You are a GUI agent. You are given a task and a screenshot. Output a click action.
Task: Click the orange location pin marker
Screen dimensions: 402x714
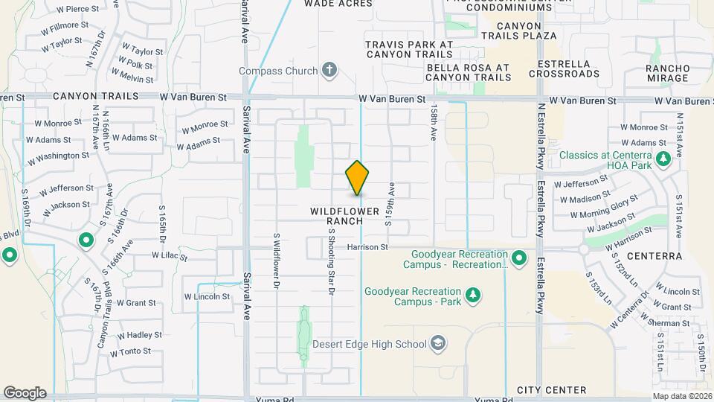pyautogui.click(x=358, y=178)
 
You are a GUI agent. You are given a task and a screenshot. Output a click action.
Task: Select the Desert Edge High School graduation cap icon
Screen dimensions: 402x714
pyautogui.click(x=439, y=343)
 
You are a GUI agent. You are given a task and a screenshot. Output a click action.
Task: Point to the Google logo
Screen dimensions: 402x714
pyautogui.click(x=25, y=393)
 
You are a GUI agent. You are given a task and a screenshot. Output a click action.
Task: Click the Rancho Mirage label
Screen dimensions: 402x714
pyautogui.click(x=668, y=73)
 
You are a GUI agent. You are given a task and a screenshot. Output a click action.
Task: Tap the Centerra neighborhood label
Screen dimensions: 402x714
pyautogui.click(x=654, y=256)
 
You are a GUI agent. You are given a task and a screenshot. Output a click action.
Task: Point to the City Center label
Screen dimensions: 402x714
pyautogui.click(x=551, y=390)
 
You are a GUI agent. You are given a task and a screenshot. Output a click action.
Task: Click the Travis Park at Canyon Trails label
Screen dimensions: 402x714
pyautogui.click(x=408, y=50)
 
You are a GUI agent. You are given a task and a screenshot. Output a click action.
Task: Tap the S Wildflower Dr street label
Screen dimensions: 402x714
pyautogui.click(x=276, y=261)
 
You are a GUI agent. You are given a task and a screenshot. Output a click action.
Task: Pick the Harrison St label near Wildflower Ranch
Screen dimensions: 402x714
pyautogui.click(x=367, y=246)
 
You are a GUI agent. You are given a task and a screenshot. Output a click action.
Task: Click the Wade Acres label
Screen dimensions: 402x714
pyautogui.click(x=338, y=4)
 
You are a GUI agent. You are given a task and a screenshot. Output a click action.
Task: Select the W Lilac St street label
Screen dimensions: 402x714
pyautogui.click(x=170, y=255)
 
